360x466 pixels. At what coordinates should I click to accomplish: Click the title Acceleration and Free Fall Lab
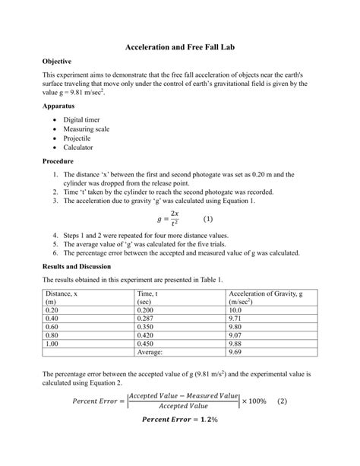(179, 46)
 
